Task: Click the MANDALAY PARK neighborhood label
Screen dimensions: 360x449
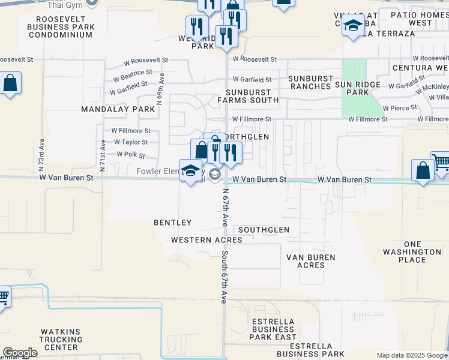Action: point(118,110)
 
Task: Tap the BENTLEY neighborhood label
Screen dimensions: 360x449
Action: point(172,223)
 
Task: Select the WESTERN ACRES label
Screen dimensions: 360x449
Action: point(206,240)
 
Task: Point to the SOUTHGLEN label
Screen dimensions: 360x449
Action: point(264,230)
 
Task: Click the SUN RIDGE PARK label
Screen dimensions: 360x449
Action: point(358,89)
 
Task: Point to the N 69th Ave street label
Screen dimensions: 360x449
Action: point(160,89)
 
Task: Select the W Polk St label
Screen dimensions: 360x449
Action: point(131,155)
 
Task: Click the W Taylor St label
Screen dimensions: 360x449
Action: point(130,142)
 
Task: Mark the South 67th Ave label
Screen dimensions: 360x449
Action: point(224,276)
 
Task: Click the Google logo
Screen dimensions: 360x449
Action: point(20,353)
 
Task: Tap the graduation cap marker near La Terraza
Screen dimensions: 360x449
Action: point(353,27)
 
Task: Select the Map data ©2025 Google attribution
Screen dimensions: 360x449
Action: point(412,355)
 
